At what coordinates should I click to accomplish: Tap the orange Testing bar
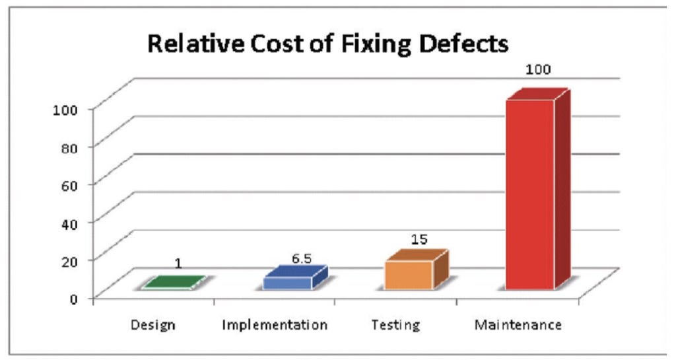[409, 274]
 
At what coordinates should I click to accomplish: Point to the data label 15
[419, 239]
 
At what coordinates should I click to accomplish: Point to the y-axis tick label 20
[71, 260]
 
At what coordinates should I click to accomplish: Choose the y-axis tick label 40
[71, 222]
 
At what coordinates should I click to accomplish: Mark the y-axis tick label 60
[71, 184]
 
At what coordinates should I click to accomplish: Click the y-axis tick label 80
[71, 147]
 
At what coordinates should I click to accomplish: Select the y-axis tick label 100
[67, 109]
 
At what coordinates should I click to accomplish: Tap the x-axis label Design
[152, 326]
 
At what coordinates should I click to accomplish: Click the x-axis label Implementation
[275, 326]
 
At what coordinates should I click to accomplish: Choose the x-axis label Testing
[395, 326]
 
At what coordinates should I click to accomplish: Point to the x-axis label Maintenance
[518, 326]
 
